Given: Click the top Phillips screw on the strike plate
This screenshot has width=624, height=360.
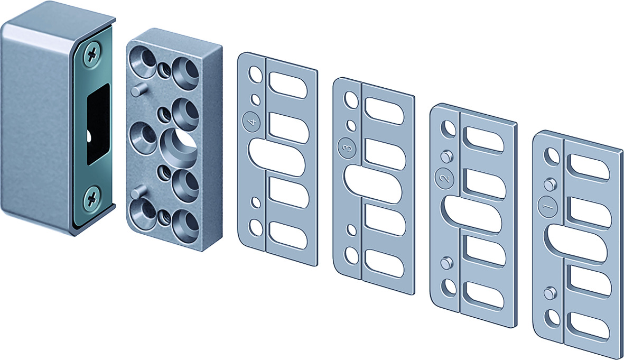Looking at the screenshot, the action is (x=92, y=55).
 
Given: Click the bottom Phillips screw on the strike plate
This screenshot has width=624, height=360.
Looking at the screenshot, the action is (x=91, y=197).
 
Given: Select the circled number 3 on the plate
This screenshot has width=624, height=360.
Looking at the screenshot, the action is (x=348, y=147).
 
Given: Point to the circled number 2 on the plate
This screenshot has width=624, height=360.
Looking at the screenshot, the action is (x=446, y=177).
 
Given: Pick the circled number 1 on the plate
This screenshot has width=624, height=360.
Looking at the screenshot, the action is (x=547, y=206).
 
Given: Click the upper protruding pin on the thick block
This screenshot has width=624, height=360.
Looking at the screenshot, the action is (x=137, y=90).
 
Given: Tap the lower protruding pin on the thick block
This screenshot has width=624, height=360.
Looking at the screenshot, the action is (x=137, y=192).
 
